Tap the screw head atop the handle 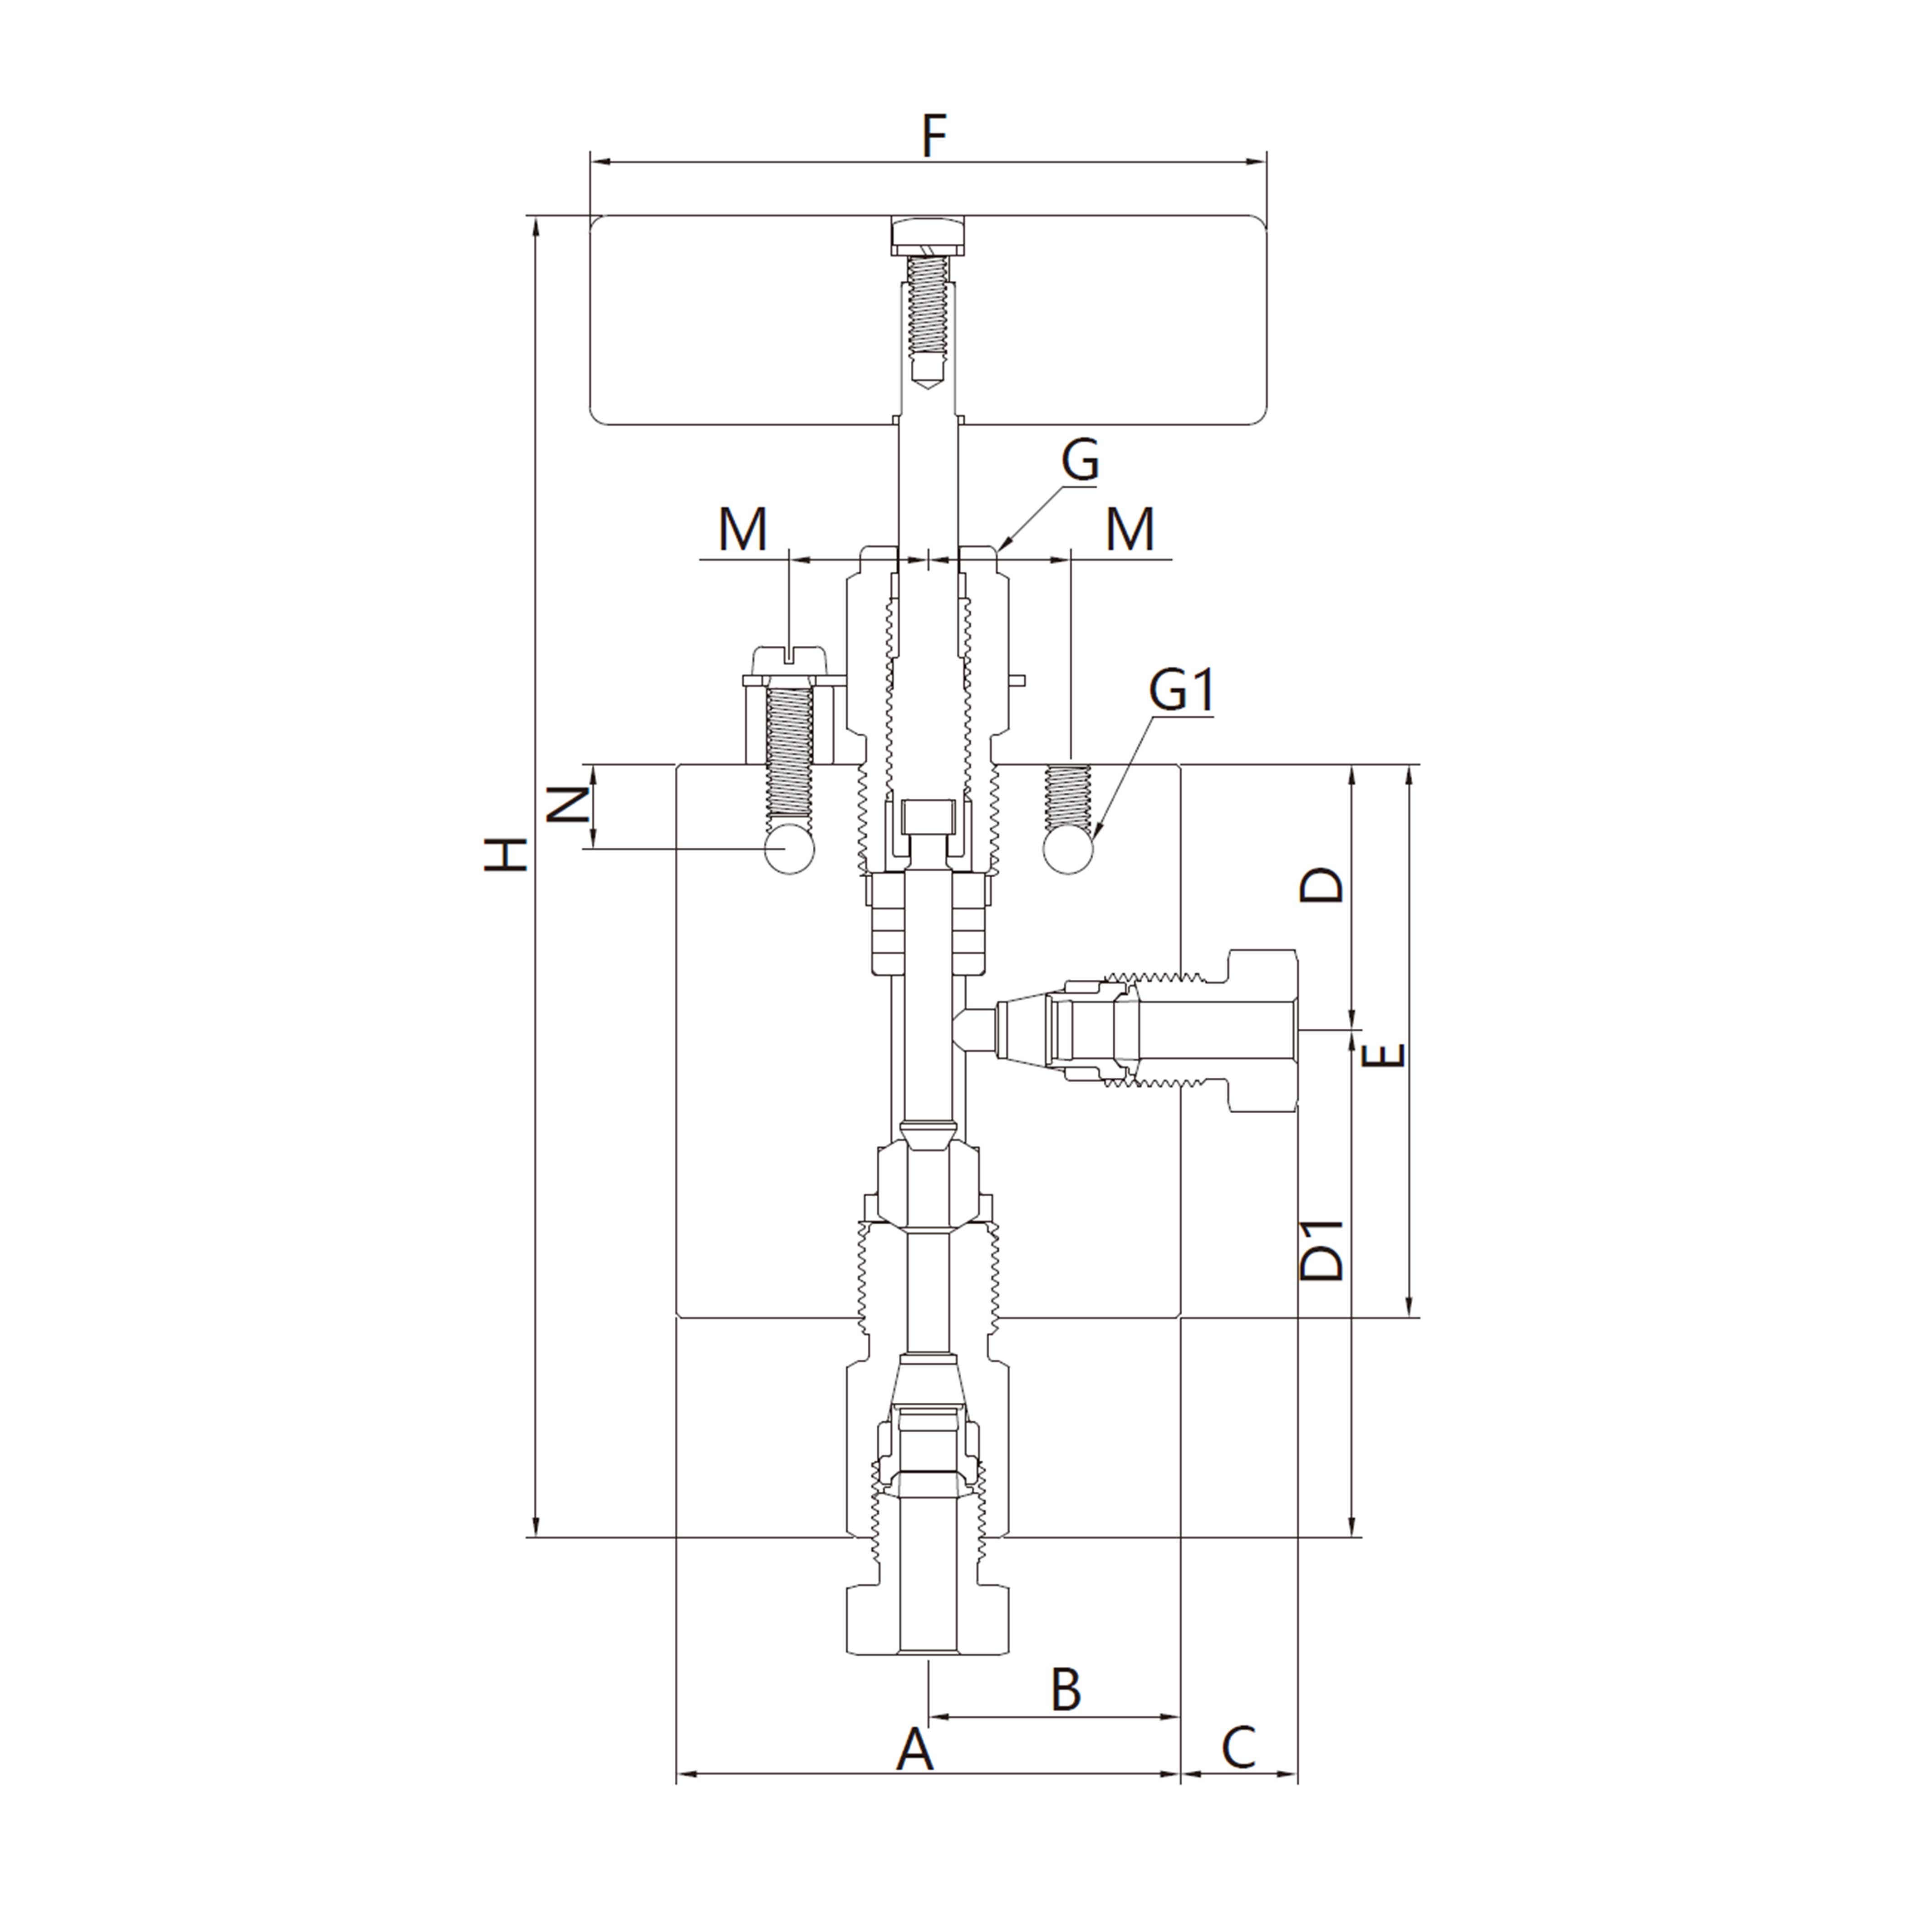click(928, 235)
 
